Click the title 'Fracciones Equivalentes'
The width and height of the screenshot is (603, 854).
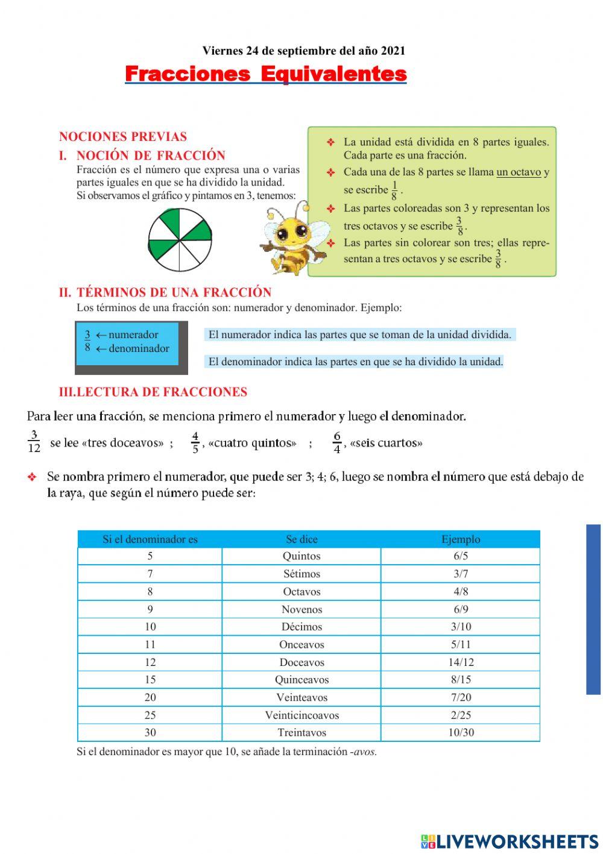[265, 74]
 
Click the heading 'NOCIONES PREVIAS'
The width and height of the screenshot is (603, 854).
[123, 136]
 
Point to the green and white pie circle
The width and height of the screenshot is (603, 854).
[180, 240]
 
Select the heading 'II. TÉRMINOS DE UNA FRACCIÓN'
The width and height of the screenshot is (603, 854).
[165, 292]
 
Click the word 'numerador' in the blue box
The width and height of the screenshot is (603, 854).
[133, 335]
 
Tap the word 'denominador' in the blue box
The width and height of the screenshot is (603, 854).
[139, 348]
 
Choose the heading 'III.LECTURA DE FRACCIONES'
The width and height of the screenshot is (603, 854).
[153, 392]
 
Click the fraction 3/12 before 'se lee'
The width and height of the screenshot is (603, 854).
[34, 442]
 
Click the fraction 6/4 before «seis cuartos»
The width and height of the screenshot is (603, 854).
[336, 442]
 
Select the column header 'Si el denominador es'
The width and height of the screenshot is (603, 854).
[150, 539]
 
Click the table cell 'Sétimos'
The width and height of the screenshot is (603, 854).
[301, 574]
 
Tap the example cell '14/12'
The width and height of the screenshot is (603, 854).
[461, 662]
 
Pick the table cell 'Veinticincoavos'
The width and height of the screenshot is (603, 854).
[301, 715]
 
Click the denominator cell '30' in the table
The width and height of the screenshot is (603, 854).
[150, 733]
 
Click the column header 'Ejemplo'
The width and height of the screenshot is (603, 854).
[461, 539]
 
